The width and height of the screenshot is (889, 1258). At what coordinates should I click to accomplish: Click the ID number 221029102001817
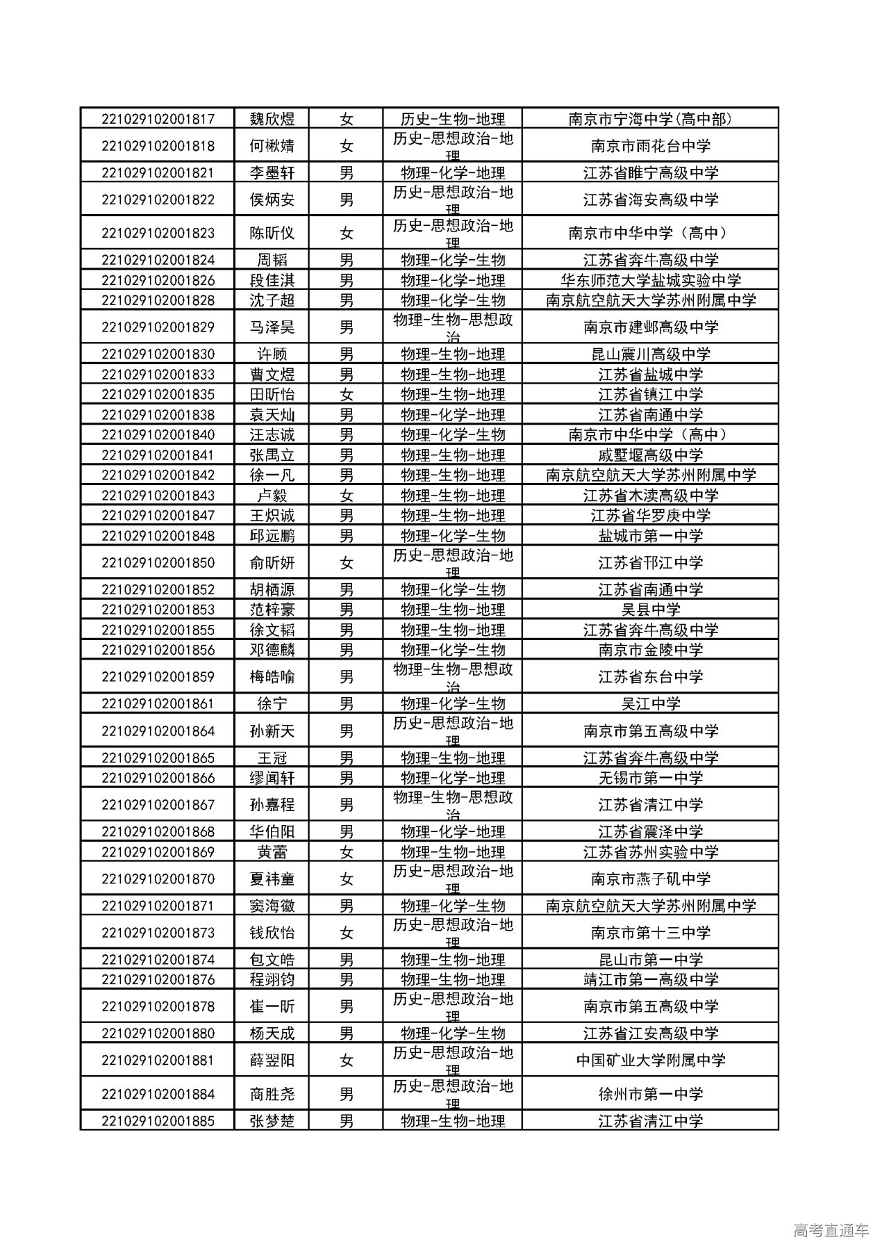158,119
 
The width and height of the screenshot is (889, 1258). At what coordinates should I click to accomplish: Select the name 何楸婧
272,146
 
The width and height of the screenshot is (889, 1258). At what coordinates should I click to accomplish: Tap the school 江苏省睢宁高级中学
650,173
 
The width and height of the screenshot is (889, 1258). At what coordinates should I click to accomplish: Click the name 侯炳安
272,200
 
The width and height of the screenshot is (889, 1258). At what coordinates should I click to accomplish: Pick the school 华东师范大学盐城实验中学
650,280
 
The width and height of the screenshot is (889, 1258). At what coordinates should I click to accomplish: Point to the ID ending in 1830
158,354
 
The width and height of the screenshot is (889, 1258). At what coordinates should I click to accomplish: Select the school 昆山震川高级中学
650,354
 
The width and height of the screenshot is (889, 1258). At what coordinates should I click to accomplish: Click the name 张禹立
272,455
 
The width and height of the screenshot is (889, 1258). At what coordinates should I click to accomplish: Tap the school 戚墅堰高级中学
650,455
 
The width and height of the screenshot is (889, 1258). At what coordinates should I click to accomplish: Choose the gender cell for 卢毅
346,496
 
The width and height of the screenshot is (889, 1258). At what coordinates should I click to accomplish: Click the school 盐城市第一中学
650,536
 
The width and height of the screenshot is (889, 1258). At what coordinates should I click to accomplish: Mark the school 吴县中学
650,610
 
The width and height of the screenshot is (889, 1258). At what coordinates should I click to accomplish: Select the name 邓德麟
272,650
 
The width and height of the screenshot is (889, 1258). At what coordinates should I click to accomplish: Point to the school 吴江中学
650,703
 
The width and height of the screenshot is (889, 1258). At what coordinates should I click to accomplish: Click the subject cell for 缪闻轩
452,778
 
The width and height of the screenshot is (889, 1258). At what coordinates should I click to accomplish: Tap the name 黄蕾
272,852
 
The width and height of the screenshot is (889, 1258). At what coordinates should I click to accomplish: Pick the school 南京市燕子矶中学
650,879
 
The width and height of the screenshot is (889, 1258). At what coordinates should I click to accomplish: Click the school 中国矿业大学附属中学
650,1061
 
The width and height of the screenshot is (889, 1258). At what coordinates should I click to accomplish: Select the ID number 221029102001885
158,1121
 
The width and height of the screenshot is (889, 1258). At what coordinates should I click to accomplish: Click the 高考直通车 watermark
830,1231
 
